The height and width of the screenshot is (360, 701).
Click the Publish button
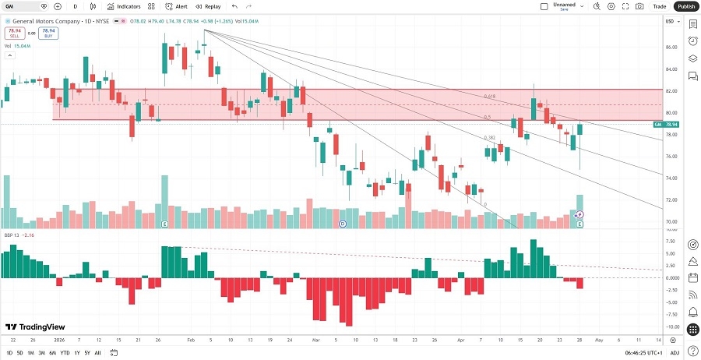tap(685, 6)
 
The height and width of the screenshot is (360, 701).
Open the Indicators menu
tap(124, 6)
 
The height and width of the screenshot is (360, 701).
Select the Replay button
tap(208, 6)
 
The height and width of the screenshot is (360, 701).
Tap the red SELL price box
tap(13, 34)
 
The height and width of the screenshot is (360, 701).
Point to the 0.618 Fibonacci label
tap(489, 97)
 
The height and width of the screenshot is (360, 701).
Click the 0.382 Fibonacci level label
tap(489, 138)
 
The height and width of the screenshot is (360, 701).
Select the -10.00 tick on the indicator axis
tap(669, 326)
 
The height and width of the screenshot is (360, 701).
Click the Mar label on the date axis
tap(316, 341)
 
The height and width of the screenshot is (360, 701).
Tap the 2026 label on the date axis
tap(60, 341)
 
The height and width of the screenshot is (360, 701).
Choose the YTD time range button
tap(65, 353)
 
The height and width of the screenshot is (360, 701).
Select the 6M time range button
tap(52, 353)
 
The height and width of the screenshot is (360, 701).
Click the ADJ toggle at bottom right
tap(675, 353)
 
